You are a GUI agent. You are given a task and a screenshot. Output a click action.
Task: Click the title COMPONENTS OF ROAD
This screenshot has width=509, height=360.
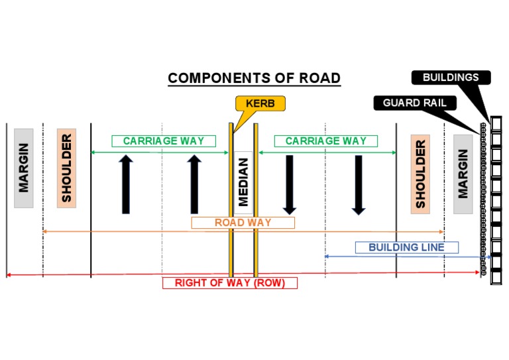(254, 78)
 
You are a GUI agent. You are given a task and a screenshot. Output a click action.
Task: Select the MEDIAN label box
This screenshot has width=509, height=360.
(243, 182)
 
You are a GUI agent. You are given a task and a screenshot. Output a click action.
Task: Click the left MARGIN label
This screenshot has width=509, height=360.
(24, 168)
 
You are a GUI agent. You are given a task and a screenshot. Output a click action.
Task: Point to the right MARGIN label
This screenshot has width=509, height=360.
(463, 174)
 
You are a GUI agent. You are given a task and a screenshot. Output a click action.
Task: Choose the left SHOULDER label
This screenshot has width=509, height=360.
(66, 168)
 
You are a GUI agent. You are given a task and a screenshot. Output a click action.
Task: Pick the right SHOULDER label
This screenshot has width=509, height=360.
(420, 174)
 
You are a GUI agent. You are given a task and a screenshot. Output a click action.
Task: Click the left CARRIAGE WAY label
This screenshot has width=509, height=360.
(163, 141)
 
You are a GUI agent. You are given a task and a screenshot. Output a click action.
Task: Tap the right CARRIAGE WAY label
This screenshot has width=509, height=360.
(325, 141)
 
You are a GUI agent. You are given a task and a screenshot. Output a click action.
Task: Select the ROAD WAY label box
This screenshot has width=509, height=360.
(243, 223)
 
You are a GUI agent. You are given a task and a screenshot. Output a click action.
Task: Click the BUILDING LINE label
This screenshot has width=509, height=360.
(407, 247)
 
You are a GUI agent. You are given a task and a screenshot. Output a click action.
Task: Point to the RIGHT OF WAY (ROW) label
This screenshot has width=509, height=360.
(229, 283)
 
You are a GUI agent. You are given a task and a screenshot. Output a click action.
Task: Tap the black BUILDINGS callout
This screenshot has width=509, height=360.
(450, 78)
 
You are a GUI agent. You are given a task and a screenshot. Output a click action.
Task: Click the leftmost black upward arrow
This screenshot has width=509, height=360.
(126, 184)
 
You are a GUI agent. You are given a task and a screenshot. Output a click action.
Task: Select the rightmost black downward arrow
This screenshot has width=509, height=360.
(359, 184)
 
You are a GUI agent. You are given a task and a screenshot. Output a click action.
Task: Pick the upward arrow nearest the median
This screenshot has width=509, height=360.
(194, 184)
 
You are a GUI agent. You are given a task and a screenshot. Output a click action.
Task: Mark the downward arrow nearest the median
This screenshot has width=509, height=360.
(289, 184)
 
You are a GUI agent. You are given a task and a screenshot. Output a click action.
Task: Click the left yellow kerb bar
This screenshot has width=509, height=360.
(231, 199)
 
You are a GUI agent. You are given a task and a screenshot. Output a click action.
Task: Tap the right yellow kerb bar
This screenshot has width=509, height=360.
(255, 199)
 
